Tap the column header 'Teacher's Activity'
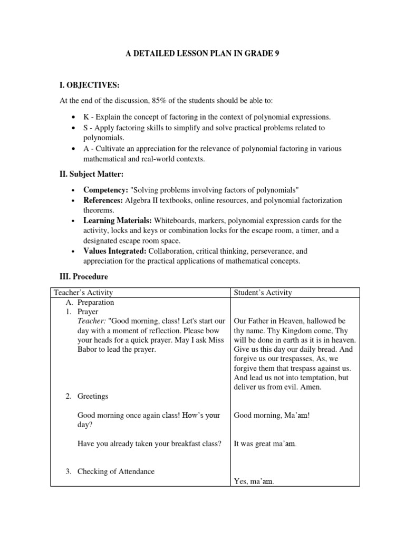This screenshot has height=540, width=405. (83, 293)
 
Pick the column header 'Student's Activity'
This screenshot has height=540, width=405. (263, 293)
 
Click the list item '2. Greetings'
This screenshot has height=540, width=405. (89, 396)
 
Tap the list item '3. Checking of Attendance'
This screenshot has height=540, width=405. (110, 471)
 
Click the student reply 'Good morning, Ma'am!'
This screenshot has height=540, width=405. (272, 416)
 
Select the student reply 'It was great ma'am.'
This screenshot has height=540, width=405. (265, 444)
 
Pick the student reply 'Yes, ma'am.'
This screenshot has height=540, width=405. (254, 481)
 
